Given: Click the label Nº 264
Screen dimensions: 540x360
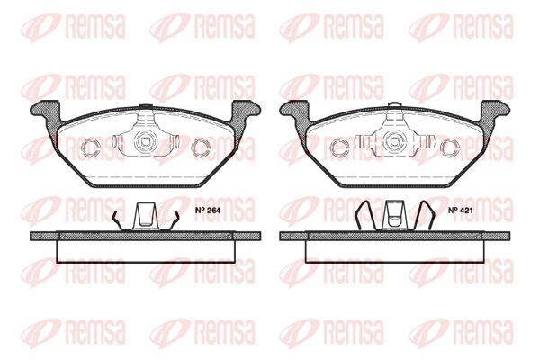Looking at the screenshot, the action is pyautogui.click(x=208, y=210).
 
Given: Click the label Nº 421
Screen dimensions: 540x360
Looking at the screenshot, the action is pyautogui.click(x=461, y=210).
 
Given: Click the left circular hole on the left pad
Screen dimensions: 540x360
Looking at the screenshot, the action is pyautogui.click(x=91, y=147).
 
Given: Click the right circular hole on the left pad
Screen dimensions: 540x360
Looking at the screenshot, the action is pyautogui.click(x=201, y=147).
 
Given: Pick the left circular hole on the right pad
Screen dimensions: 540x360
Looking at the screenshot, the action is pyautogui.click(x=340, y=147).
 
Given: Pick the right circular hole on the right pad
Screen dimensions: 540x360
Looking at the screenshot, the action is pyautogui.click(x=451, y=147).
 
